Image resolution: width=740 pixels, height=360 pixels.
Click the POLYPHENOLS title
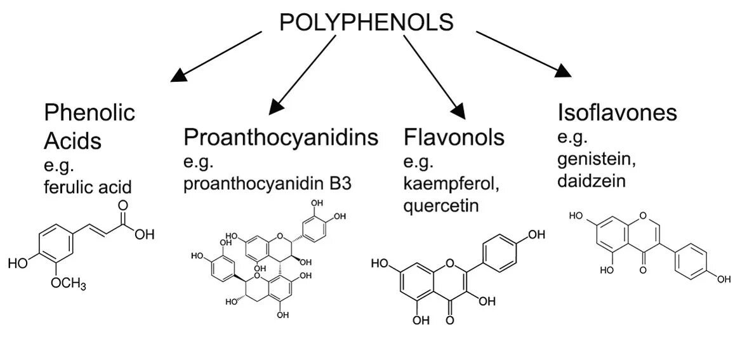367,23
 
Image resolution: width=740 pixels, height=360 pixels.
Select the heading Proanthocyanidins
281,137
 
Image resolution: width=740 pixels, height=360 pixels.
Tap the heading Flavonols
454,137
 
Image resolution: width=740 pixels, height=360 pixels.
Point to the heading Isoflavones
617,113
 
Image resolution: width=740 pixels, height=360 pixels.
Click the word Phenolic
89,113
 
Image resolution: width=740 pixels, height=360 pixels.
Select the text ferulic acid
88,187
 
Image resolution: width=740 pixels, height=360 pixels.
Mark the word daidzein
591,181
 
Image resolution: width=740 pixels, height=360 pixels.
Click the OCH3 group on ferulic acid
69,284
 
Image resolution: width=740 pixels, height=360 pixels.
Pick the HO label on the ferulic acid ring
18,263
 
